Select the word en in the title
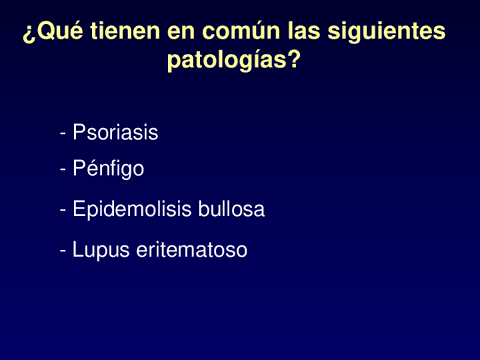click(x=176, y=33)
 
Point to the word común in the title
click(x=231, y=33)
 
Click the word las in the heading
click(x=291, y=33)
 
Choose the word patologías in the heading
click(x=228, y=61)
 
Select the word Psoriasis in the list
click(x=115, y=132)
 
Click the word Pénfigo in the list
click(x=108, y=169)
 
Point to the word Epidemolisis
click(x=127, y=210)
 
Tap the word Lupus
click(x=99, y=250)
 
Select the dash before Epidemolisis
click(x=63, y=212)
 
